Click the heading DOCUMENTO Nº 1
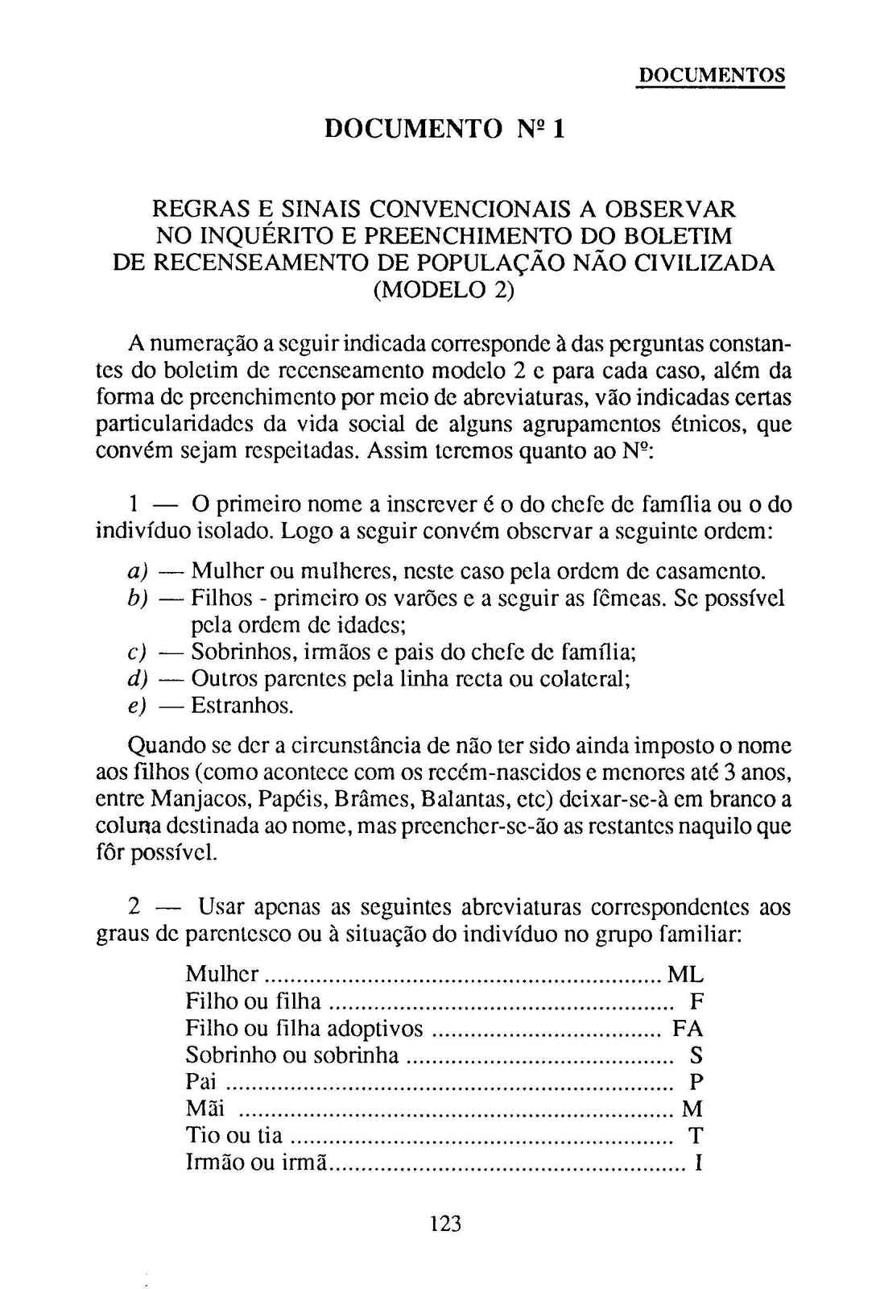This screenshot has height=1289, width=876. [x=444, y=128]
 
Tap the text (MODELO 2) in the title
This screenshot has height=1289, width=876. [x=444, y=289]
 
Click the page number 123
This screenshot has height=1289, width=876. [x=445, y=1224]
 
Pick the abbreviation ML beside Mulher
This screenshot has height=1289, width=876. [x=685, y=975]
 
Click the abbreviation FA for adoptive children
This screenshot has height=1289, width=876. [x=688, y=1029]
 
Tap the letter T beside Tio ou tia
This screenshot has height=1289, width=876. [x=696, y=1136]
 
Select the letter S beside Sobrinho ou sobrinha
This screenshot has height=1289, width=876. [x=696, y=1055]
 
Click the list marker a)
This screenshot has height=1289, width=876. [x=138, y=572]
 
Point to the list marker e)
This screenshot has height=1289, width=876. [x=137, y=707]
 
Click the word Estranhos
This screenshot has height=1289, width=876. [x=242, y=707]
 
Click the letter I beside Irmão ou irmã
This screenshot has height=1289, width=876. [x=699, y=1163]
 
